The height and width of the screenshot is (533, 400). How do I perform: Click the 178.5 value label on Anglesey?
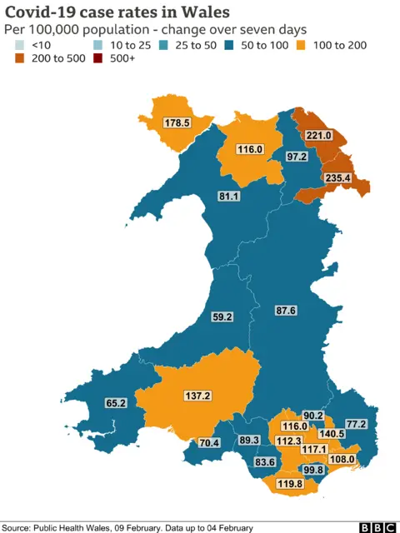pos(177,122)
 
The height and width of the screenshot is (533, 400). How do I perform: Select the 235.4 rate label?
pos(337,177)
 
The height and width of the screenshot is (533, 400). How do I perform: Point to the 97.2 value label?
pos(297,157)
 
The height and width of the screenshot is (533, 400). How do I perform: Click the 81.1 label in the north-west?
pos(228,197)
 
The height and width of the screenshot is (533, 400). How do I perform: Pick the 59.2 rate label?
pos(222,316)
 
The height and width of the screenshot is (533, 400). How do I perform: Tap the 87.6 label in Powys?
pos(285,311)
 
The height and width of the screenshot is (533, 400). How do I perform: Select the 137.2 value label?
pos(197,396)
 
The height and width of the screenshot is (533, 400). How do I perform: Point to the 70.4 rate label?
pos(208,442)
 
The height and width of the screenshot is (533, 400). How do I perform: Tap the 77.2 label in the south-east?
pos(356,424)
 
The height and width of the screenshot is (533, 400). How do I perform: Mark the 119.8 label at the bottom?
pos(289,484)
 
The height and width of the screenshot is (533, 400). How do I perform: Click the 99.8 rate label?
pos(313,470)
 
